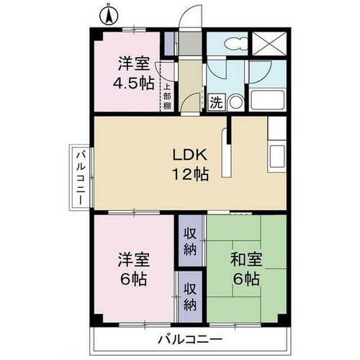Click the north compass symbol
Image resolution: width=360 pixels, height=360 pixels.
coord(109,16)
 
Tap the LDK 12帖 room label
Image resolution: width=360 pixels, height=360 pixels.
coord(190,164)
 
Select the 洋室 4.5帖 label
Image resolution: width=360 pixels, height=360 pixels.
coord(133,73)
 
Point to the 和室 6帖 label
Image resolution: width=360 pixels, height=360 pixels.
coord(246,269)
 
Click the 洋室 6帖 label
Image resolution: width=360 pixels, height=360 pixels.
coord(133,269)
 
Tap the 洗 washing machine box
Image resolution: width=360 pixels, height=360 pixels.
coord(217,102)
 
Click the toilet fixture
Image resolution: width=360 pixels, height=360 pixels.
coord(235,43)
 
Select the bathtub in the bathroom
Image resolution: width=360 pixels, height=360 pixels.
coord(267,100)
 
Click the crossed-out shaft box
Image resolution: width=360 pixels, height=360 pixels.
coord(269,44)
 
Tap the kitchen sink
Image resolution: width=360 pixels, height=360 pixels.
coord(277,156)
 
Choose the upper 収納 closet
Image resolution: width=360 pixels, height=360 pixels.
coord(190,240)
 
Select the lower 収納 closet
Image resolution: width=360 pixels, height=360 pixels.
coord(190,297)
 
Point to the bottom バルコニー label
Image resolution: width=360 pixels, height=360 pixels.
coord(190,339)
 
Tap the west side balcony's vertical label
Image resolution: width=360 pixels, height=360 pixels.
coord(81,178)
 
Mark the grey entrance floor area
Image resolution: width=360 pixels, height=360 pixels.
coord(191,44)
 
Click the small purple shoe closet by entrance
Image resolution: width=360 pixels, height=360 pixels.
coord(169,44)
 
